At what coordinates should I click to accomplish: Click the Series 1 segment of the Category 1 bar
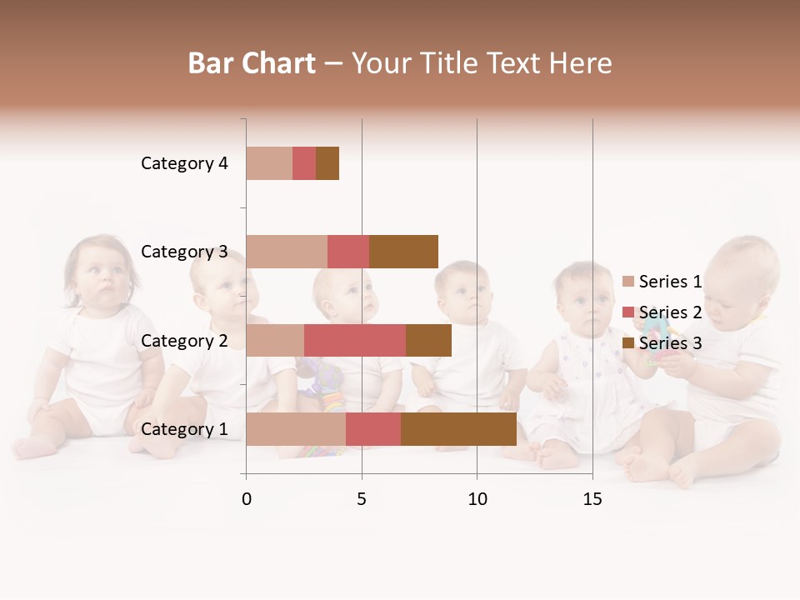(296, 429)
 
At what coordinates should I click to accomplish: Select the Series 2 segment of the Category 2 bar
(355, 341)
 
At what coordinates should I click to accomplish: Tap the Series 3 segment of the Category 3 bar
(403, 252)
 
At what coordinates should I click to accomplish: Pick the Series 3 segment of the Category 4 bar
(327, 163)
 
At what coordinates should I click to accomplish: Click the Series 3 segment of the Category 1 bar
(458, 429)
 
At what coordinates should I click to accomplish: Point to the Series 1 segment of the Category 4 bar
(269, 163)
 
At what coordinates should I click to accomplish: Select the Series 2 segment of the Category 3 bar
(348, 252)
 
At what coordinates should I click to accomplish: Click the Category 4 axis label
(184, 163)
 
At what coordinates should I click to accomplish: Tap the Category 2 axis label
(184, 341)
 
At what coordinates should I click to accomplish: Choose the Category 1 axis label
(184, 429)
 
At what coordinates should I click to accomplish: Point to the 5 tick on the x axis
(362, 499)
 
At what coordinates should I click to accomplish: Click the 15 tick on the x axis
(592, 499)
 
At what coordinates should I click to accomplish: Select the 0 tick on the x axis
(247, 499)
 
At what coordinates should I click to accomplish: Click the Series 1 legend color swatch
(628, 282)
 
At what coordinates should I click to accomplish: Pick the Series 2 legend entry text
(670, 312)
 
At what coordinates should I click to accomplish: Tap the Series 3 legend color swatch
(628, 343)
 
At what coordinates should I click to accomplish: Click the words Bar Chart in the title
(252, 63)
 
